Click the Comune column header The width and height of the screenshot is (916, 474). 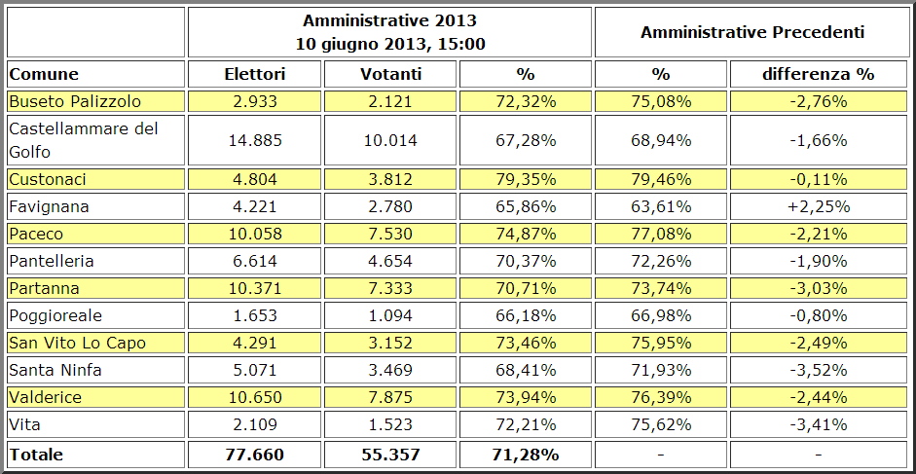44,74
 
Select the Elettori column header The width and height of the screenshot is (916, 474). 254,74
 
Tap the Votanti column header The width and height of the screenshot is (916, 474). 389,74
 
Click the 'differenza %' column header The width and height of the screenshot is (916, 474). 818,74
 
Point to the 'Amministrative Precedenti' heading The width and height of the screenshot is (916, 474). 752,32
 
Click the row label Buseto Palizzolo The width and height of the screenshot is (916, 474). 75,101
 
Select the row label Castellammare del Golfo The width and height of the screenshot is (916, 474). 83,140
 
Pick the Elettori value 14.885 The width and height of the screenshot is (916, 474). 254,140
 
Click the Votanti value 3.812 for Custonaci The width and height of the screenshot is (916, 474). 389,179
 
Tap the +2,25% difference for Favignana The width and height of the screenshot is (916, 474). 818,206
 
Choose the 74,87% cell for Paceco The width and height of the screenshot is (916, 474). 526,234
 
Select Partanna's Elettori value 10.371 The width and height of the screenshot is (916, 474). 254,288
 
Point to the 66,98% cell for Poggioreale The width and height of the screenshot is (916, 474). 661,315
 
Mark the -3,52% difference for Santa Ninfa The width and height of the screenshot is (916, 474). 818,370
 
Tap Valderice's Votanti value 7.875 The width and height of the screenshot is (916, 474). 389,397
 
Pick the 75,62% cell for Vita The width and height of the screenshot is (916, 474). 661,424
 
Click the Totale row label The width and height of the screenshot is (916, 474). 36,454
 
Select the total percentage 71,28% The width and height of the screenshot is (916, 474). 526,454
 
